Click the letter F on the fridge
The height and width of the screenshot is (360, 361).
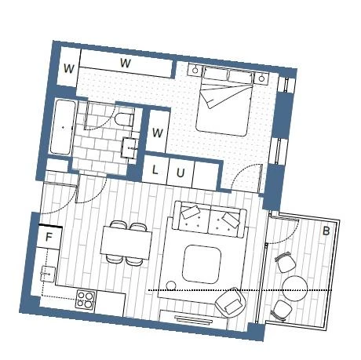[x=49, y=238]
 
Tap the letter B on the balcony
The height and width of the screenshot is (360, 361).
[x=326, y=231]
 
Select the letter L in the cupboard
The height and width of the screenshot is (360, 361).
[x=155, y=170]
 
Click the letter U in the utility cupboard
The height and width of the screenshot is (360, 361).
[x=180, y=173]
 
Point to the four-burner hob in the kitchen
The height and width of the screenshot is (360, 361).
[x=86, y=300]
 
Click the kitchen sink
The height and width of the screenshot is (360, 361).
[x=48, y=274]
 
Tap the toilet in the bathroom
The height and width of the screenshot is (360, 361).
[x=124, y=119]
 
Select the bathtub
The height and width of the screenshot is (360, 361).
[x=63, y=127]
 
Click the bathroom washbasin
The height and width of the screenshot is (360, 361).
[x=130, y=147]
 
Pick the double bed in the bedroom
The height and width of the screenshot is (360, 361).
[x=224, y=100]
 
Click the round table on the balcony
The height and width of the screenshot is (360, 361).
[x=295, y=289]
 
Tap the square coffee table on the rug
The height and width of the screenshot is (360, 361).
[x=202, y=264]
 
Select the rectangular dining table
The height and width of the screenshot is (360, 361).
[x=126, y=242]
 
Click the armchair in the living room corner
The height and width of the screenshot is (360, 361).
[x=231, y=303]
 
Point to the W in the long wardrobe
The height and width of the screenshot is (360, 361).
[x=126, y=63]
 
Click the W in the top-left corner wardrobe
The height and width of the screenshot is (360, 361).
[x=69, y=68]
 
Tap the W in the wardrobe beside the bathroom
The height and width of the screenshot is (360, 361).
[x=158, y=133]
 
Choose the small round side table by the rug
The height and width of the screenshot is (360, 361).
[x=171, y=285]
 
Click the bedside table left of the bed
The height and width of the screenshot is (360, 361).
[x=195, y=70]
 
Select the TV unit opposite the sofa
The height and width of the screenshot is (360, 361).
[x=194, y=319]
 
